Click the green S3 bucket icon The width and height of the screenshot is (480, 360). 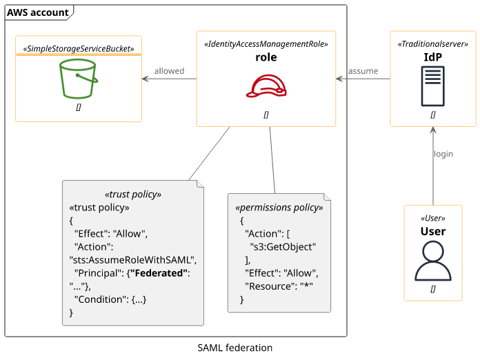(x=78, y=79)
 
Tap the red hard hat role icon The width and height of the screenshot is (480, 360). (x=266, y=86)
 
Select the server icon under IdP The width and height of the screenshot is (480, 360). (x=432, y=86)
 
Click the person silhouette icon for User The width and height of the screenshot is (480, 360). (x=432, y=261)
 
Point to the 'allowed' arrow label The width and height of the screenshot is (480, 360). (x=169, y=71)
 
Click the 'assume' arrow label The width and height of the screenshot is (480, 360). (x=363, y=71)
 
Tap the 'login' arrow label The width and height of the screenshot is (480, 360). (x=443, y=154)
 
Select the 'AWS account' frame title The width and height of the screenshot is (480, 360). (x=38, y=12)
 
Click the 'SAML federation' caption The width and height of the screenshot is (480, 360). (x=234, y=348)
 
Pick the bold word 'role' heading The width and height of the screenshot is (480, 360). (x=266, y=57)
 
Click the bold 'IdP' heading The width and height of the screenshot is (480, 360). (x=432, y=57)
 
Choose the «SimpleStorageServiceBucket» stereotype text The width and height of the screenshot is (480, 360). (x=79, y=49)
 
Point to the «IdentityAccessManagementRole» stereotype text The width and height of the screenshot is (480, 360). (x=266, y=43)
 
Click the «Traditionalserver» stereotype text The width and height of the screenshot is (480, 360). (x=433, y=43)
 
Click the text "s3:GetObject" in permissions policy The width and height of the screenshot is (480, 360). (x=283, y=246)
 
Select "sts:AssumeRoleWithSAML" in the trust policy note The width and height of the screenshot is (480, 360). (x=133, y=260)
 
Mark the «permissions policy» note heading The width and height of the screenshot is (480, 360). (x=279, y=207)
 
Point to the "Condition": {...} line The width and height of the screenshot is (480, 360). (x=110, y=299)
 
